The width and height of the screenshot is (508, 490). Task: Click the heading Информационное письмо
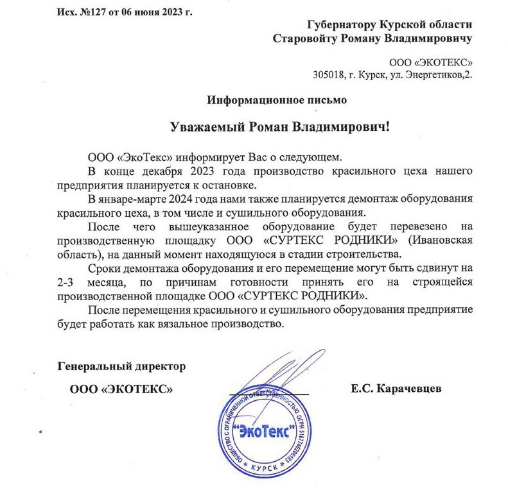pyautogui.click(x=277, y=100)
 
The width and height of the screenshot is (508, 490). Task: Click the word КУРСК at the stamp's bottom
pyautogui.click(x=267, y=469)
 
